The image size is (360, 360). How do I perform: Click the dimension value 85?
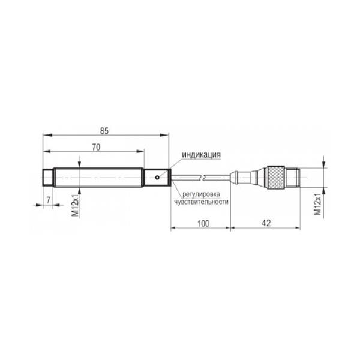(104, 131)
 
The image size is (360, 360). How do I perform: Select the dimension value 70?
(96, 148)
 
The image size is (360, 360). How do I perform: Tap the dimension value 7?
(48, 200)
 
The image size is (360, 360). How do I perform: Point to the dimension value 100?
(203, 223)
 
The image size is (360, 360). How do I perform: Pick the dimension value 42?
(266, 223)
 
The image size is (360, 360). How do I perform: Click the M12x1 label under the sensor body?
(76, 205)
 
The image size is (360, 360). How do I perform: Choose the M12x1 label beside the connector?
(318, 204)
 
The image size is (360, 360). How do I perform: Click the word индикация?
(202, 155)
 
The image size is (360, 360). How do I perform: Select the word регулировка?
(201, 194)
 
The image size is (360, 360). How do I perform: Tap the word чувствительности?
(201, 202)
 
